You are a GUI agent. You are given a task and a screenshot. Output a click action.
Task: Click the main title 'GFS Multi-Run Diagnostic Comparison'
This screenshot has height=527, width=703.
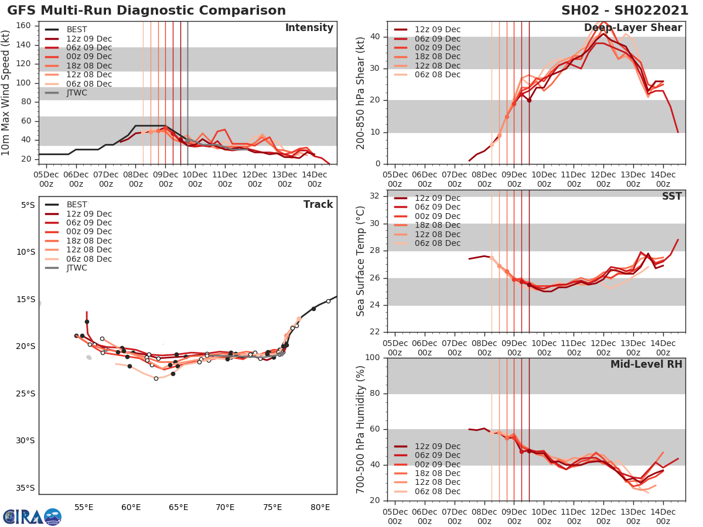(146, 11)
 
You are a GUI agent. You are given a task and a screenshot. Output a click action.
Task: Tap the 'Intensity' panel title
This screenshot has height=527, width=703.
(309, 28)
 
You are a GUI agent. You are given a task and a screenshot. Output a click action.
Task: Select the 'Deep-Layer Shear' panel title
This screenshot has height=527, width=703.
(633, 28)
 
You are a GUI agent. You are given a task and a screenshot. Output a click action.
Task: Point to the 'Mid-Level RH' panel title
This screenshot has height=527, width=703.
(646, 364)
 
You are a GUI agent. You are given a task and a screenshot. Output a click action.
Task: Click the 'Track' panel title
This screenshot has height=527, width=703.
(318, 204)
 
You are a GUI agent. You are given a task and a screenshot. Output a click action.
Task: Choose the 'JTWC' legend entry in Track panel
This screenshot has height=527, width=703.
(77, 268)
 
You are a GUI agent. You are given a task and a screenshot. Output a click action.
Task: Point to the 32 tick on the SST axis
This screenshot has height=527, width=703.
(377, 196)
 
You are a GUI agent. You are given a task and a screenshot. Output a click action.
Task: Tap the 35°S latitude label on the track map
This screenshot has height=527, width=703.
(25, 488)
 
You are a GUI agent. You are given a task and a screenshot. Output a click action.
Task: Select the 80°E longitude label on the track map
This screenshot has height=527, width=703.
(319, 506)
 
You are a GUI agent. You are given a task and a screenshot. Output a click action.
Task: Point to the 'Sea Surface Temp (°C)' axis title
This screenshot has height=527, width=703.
(361, 261)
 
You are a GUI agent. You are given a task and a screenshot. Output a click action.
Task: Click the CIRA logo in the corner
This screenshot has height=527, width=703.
(32, 516)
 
